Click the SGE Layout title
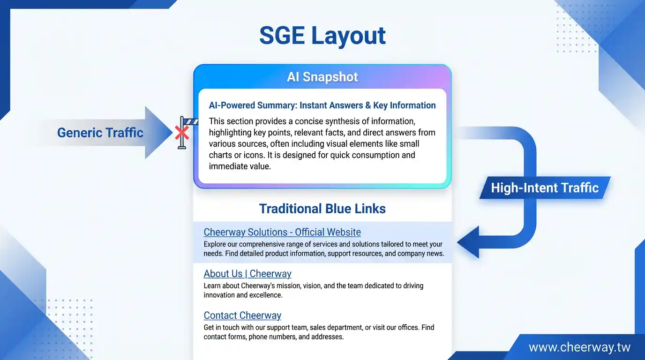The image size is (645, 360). tap(322, 36)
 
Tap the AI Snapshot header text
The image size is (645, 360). tap(322, 77)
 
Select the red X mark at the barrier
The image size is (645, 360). tap(182, 133)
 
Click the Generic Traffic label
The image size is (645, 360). tap(100, 133)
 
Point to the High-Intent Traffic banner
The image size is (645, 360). tap(545, 188)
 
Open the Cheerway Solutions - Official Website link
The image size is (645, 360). tap(282, 232)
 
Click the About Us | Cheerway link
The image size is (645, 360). tap(247, 274)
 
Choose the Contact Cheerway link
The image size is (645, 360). tap(242, 315)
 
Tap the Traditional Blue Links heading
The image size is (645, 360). tap(322, 209)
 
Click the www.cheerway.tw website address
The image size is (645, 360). tap(579, 347)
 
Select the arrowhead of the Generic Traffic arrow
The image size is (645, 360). tap(158, 133)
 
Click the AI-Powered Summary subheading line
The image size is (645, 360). tap(322, 105)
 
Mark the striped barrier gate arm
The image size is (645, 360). tap(191, 122)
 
